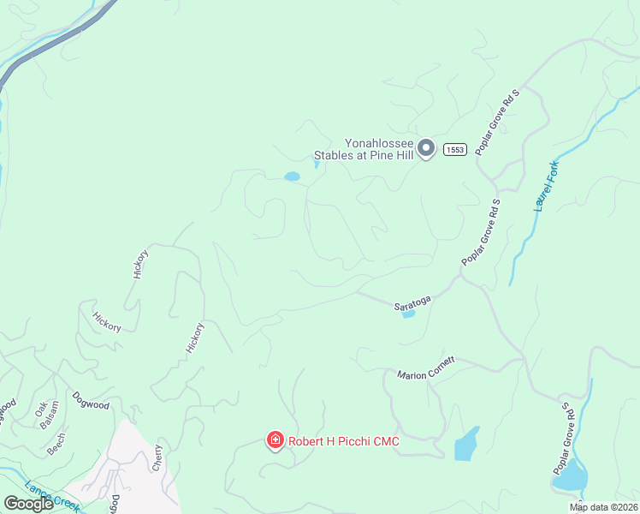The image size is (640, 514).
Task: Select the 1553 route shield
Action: (453, 150)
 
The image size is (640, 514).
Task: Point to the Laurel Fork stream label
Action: (545, 186)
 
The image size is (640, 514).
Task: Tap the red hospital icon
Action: (276, 441)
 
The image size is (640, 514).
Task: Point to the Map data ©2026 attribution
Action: (603, 507)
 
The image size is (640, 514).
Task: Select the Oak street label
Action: (39, 410)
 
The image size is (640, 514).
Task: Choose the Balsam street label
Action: (53, 413)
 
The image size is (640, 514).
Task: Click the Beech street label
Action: (56, 442)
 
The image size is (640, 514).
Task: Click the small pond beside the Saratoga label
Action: (408, 314)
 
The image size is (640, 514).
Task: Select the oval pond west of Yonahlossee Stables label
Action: (293, 176)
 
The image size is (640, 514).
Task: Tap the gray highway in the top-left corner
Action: (51, 47)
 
